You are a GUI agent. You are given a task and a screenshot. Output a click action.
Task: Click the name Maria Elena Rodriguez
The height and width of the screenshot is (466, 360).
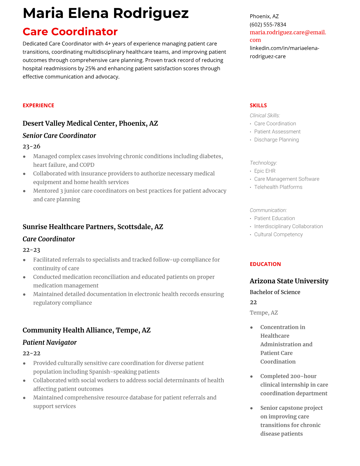point(106,13)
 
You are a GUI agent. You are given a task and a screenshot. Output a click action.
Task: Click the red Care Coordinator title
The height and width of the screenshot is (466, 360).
point(70,31)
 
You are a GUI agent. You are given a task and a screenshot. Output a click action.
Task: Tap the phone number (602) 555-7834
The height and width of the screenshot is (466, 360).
point(268,24)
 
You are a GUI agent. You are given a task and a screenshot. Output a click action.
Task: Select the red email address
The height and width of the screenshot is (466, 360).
point(288,36)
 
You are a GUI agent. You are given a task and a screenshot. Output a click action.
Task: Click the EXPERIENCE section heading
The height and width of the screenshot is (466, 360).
point(38,105)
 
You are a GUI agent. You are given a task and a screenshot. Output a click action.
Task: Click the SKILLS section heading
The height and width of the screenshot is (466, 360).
point(258,105)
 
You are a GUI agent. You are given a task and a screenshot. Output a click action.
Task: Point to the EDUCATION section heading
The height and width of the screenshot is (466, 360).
point(265,264)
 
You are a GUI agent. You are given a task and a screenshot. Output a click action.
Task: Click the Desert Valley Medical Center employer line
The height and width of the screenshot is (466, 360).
point(90,123)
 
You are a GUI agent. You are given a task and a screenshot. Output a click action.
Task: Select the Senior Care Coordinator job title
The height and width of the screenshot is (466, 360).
point(59,136)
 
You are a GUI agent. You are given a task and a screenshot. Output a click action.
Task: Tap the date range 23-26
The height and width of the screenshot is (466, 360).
point(31,146)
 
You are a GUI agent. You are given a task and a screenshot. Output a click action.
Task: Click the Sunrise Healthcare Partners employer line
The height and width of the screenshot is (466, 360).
point(93,227)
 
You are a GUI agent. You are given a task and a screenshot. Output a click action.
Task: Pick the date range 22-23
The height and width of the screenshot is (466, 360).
point(31,250)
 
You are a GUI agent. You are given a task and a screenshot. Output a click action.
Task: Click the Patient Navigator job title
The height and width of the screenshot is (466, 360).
point(49,342)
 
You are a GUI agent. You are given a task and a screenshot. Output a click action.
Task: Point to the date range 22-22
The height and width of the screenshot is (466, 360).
point(31,353)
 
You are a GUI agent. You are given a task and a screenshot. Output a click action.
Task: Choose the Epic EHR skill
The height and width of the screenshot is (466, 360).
point(265,171)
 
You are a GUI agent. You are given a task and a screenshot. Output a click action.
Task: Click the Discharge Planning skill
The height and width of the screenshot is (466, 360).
point(276,140)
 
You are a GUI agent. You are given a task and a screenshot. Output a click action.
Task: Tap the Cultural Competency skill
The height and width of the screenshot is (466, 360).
point(278,234)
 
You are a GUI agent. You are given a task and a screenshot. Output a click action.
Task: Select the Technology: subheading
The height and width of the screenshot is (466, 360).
point(263,163)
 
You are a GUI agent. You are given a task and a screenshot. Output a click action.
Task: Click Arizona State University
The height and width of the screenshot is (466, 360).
point(289,281)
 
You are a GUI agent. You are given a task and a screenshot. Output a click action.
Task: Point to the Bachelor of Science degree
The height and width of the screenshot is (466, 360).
point(275,292)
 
